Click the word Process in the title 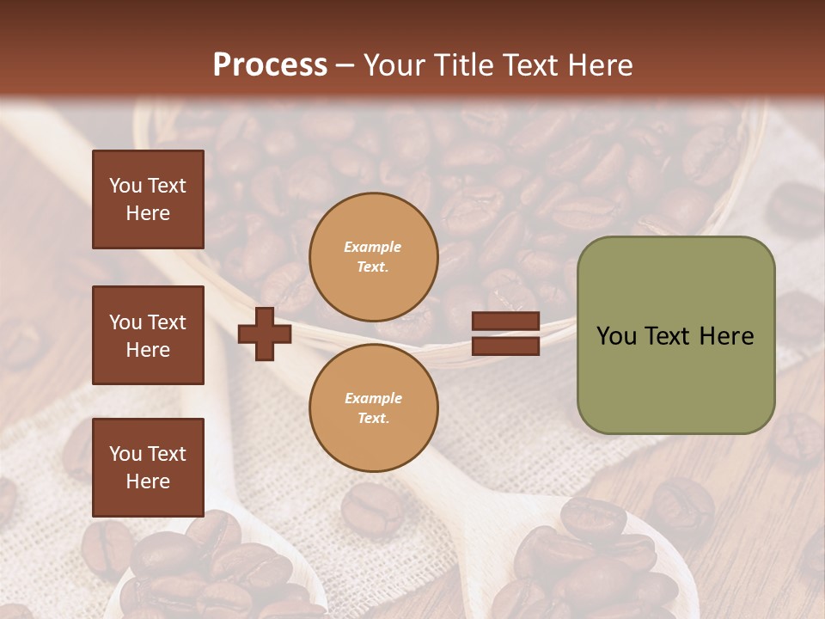click(x=270, y=65)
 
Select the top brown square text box click(x=148, y=199)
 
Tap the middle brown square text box click(x=148, y=335)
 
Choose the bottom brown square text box click(x=148, y=468)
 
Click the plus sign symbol click(x=265, y=334)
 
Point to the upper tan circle click(x=374, y=257)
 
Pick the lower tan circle click(x=374, y=408)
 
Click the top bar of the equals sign click(x=505, y=322)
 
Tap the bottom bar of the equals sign click(x=505, y=346)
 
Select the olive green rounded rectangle click(x=675, y=335)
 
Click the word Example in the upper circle click(x=373, y=247)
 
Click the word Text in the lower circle click(x=372, y=419)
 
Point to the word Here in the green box click(x=726, y=336)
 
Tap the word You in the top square click(x=125, y=186)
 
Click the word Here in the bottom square click(x=148, y=481)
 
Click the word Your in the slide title click(x=394, y=65)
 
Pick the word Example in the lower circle click(x=373, y=398)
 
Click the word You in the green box click(x=616, y=336)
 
